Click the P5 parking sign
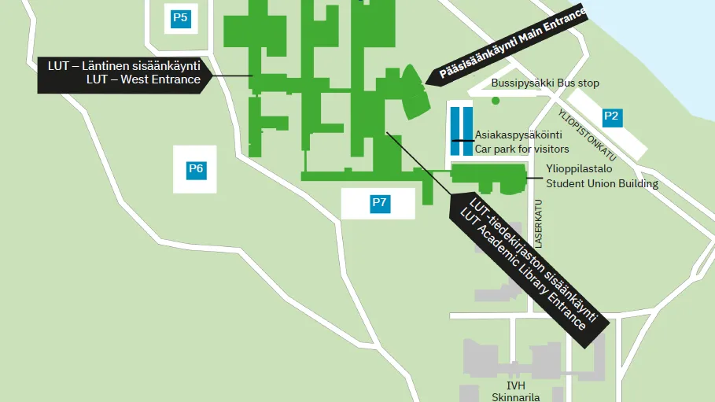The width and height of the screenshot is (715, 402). (180, 18)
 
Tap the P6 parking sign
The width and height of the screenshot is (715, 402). (196, 168)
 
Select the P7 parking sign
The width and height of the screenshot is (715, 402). (380, 204)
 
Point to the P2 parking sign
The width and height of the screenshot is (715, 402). (611, 117)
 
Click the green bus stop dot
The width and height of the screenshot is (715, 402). (496, 101)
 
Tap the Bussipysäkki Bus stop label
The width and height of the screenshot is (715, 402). (545, 83)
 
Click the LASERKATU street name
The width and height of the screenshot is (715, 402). (540, 223)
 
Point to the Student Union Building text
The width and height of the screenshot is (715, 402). (602, 184)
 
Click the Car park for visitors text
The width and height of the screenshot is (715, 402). (522, 149)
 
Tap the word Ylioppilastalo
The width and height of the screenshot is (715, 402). (579, 168)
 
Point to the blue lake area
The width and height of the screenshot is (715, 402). (669, 39)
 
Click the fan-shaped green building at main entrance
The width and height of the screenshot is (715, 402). (415, 91)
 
